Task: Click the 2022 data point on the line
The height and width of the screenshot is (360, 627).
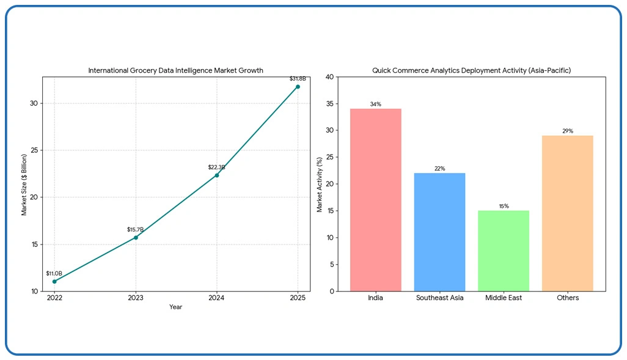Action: [54, 282]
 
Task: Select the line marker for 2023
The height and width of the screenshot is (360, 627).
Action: [136, 237]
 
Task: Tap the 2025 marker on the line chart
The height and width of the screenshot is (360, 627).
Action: [298, 86]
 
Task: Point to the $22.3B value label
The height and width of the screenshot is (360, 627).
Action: [216, 167]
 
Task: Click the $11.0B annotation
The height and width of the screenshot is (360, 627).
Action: [54, 273]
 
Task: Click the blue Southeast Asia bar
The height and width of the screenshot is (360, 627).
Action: [439, 232]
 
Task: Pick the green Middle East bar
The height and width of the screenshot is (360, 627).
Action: [504, 251]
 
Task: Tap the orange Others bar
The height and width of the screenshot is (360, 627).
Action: [567, 213]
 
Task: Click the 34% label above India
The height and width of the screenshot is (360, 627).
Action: [375, 105]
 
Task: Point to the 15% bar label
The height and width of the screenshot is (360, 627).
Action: [504, 207]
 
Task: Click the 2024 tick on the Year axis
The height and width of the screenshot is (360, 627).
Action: [216, 298]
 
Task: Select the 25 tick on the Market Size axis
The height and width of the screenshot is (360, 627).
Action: [34, 150]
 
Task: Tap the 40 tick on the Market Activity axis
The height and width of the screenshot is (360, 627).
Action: [330, 77]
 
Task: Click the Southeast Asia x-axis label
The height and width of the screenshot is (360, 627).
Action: [439, 298]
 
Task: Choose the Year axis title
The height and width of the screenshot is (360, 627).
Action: [175, 307]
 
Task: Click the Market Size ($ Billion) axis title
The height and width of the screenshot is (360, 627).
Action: [24, 184]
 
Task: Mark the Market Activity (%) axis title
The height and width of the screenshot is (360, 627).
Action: [320, 184]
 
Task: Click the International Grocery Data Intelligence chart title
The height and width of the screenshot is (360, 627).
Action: [175, 70]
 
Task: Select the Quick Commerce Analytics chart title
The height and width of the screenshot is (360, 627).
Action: [471, 70]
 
